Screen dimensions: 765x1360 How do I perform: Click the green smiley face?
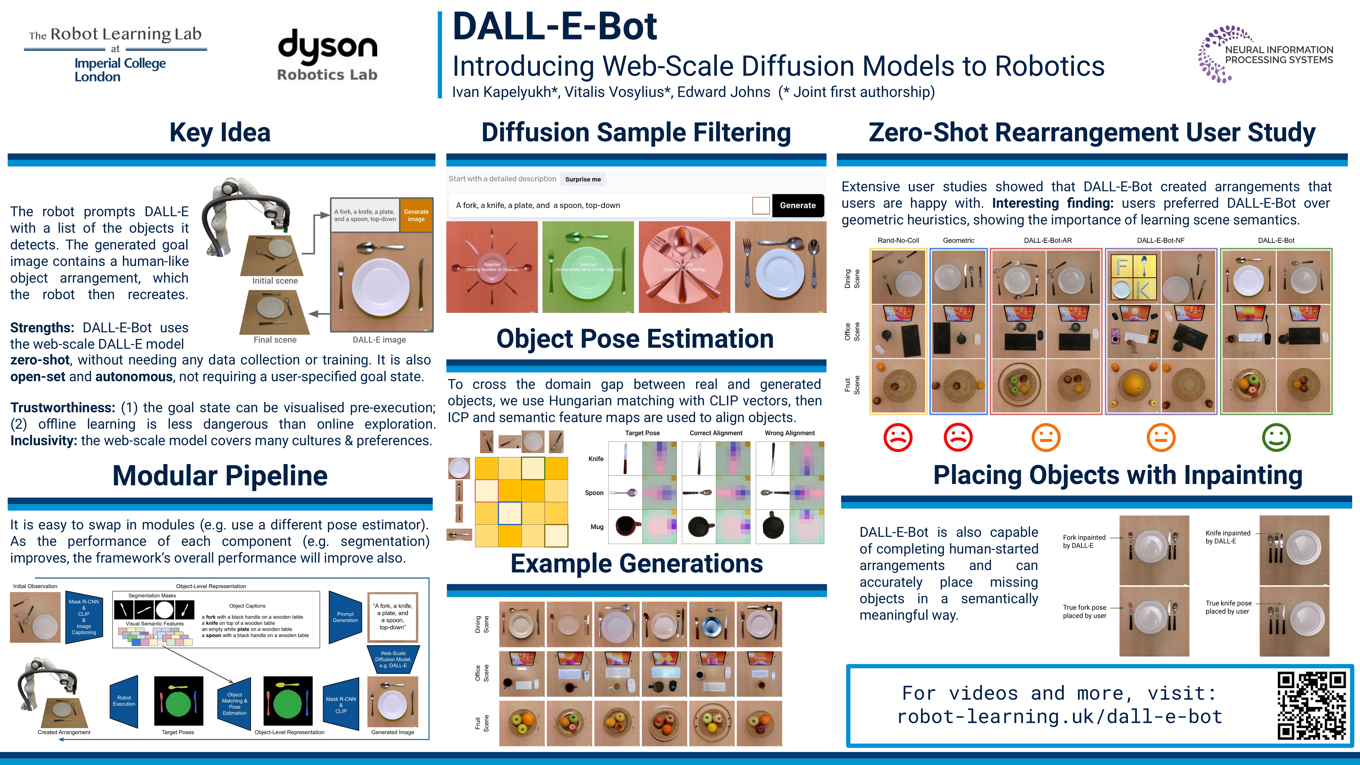click(1276, 438)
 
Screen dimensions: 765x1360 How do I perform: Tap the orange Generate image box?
click(416, 215)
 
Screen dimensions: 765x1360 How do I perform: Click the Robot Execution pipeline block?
click(124, 701)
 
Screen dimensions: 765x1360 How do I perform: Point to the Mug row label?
click(597, 527)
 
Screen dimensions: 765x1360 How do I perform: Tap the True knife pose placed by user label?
click(1228, 607)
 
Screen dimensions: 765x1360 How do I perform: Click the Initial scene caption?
click(275, 281)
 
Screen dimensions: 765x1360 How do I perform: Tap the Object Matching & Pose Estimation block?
click(234, 704)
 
